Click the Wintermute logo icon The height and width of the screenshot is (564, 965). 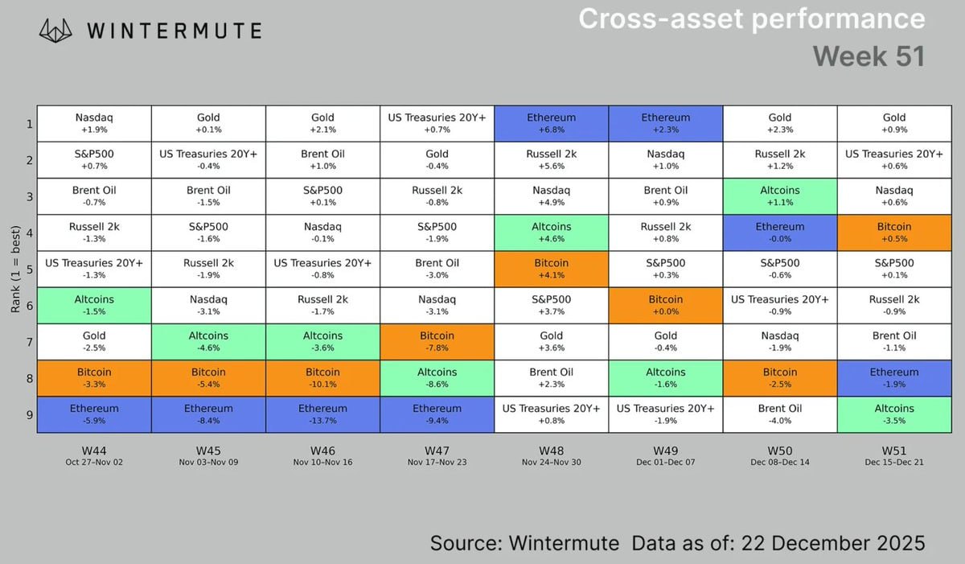point(60,31)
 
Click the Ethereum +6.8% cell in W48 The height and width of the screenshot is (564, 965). point(551,123)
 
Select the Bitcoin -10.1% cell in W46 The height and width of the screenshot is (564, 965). point(322,378)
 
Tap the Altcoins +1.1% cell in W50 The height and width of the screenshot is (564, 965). point(779,196)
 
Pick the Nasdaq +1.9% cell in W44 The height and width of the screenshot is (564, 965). point(94,123)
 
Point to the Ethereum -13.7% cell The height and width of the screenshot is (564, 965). point(322,414)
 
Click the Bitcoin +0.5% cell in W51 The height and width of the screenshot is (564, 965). point(893,233)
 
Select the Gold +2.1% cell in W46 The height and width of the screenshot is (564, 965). point(322,123)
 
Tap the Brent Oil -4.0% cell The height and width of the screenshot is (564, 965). point(779,414)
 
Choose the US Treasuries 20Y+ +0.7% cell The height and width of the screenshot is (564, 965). point(437,123)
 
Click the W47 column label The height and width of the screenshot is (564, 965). point(437,451)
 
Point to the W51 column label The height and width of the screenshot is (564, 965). point(893,451)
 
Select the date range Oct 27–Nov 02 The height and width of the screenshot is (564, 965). point(94,463)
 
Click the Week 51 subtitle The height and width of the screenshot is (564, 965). point(868,56)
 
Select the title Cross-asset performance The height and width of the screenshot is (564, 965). point(752,19)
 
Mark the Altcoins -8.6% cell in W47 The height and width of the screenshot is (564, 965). point(437,378)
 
